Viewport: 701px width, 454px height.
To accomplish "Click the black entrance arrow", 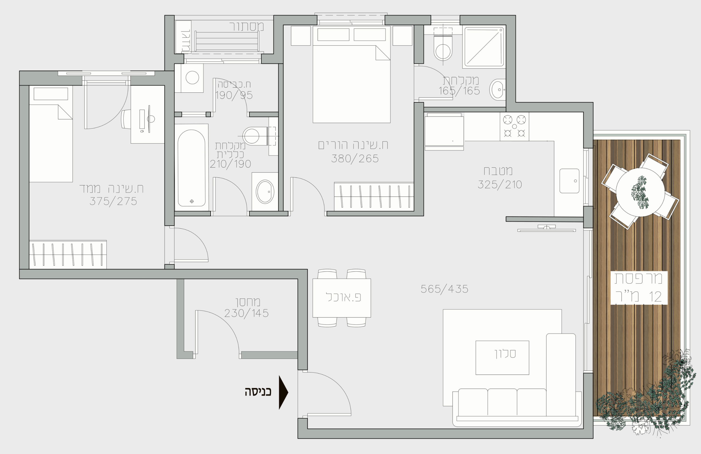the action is (283, 392).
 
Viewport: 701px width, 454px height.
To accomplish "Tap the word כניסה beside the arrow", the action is (258, 392).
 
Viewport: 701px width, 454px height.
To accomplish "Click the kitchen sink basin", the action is (569, 181).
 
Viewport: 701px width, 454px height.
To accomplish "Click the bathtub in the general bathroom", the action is (191, 168).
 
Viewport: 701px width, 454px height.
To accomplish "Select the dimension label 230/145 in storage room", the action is (246, 313).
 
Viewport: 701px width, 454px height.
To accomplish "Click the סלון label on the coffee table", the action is (505, 353).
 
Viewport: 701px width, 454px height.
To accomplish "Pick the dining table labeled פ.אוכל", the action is (342, 298).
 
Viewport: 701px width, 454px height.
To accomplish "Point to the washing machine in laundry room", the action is (192, 78).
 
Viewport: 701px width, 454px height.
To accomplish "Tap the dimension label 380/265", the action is (355, 159).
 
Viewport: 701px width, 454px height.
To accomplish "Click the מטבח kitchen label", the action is (498, 171).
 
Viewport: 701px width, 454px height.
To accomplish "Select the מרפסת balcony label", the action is (639, 278).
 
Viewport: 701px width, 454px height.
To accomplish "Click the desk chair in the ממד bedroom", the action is (126, 119).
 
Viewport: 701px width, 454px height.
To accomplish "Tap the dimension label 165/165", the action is (459, 91).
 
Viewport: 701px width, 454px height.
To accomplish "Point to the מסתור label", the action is (246, 27).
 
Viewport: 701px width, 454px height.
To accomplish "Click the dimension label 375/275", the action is (113, 202).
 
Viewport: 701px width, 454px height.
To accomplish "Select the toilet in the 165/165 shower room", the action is (443, 49).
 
